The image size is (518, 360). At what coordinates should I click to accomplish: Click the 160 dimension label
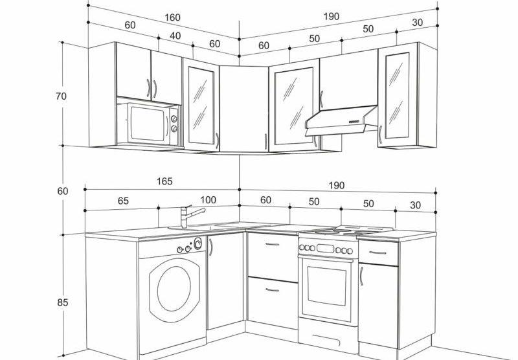[x=172, y=17]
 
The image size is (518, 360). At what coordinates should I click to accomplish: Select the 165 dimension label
[x=164, y=181]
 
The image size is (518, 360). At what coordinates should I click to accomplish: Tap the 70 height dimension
[x=61, y=96]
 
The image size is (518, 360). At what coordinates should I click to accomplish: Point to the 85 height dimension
[x=62, y=302]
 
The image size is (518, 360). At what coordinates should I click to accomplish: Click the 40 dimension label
[x=175, y=36]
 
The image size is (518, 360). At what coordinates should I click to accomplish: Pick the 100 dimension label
[x=208, y=200]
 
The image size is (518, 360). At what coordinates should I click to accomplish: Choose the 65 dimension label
[x=123, y=201]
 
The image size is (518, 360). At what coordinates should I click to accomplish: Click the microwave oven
[x=148, y=124]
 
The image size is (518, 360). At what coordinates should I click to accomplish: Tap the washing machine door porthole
[x=174, y=289]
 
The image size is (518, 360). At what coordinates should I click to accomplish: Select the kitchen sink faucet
[x=192, y=216]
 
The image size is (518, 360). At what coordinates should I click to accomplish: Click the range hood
[x=341, y=120]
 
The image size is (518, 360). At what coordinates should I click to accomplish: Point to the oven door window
[x=327, y=286]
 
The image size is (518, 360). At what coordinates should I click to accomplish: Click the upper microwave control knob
[x=174, y=119]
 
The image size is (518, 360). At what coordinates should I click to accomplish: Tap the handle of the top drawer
[x=272, y=244]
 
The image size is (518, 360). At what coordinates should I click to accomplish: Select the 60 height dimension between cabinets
[x=62, y=191]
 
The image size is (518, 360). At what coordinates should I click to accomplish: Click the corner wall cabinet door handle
[x=265, y=141]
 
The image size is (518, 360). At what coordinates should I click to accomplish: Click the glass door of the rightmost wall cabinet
[x=398, y=95]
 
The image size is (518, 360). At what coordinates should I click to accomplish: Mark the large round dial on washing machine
[x=198, y=243]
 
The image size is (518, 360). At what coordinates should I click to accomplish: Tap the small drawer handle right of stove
[x=378, y=253]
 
